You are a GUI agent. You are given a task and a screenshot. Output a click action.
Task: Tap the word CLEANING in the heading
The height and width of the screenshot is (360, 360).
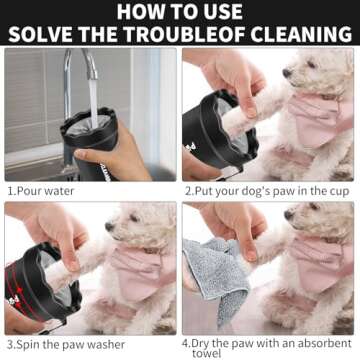(298, 33)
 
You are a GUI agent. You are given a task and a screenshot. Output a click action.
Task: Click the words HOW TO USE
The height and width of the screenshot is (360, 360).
(180, 11)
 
